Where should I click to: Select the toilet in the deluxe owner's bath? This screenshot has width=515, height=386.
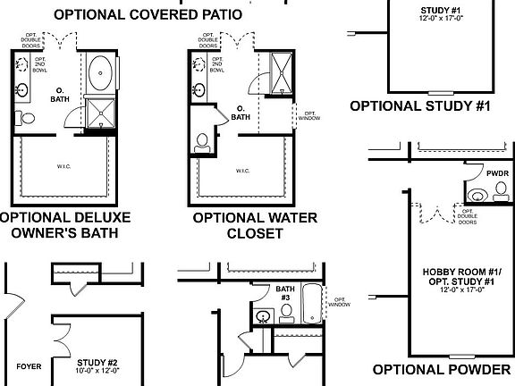pos(26,118)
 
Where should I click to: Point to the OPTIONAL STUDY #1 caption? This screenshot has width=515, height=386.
pos(421,105)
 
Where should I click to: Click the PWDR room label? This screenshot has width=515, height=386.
pos(497,172)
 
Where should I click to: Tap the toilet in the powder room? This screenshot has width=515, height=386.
pos(479,194)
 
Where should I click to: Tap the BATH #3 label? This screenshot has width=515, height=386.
pos(284,292)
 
